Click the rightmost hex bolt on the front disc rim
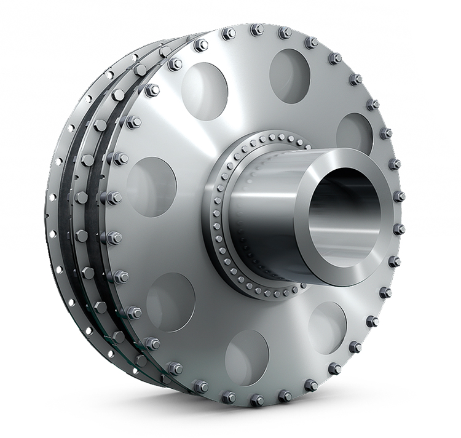click(399, 196)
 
